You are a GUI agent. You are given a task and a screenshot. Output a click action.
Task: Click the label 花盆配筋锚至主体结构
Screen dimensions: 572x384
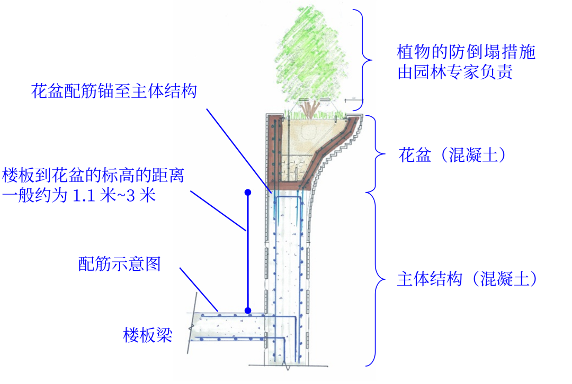[114, 91]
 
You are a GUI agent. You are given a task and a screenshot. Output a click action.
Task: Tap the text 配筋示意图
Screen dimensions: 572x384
[119, 264]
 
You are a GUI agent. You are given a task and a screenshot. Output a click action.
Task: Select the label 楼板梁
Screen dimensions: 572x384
[148, 335]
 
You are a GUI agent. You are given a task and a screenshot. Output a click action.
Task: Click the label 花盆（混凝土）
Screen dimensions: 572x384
[452, 155]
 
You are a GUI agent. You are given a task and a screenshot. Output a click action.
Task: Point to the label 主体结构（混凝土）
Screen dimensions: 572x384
[467, 279]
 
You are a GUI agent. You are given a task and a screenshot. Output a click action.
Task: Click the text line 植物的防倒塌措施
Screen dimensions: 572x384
[466, 52]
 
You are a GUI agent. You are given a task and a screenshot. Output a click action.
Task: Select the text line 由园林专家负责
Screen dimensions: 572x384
[455, 72]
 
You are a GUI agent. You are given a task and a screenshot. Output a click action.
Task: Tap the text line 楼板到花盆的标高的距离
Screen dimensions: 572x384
[93, 175]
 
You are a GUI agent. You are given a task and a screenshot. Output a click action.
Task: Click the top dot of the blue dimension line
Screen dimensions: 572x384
[248, 193]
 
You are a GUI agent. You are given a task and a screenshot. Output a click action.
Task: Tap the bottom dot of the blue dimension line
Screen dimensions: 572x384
[248, 311]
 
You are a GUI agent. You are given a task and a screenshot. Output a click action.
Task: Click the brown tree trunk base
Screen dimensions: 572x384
[310, 109]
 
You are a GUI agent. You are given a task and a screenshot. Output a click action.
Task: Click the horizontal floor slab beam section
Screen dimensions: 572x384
[229, 326]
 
